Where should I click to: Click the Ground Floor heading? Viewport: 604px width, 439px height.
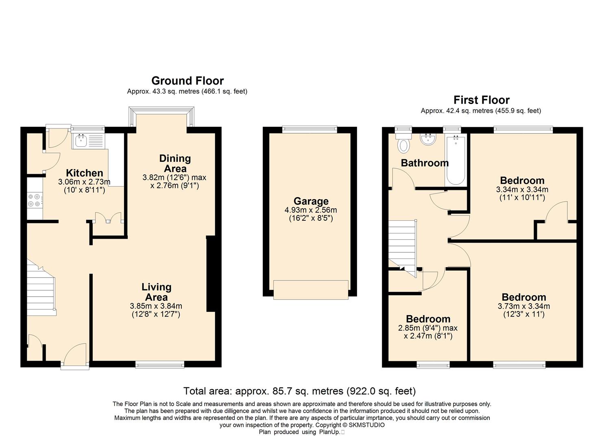(188, 81)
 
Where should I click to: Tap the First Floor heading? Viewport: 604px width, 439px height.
(482, 100)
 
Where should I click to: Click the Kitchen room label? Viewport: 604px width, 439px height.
(85, 173)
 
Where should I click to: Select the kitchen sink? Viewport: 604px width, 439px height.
(88, 141)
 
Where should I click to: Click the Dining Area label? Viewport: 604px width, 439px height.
(175, 163)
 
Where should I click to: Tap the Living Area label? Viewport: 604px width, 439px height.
(157, 292)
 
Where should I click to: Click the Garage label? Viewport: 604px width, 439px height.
(311, 201)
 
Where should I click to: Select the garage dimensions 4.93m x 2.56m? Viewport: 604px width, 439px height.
(311, 210)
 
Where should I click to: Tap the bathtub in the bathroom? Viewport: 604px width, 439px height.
(456, 161)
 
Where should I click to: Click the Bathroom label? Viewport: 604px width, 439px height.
(425, 163)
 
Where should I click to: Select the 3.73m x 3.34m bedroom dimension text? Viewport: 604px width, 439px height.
(523, 306)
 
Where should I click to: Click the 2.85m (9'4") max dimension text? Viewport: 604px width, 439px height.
(427, 328)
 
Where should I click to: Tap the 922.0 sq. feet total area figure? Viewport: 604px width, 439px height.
(381, 391)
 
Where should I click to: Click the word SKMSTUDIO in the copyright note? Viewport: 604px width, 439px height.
(367, 425)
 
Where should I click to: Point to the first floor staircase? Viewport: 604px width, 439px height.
(403, 248)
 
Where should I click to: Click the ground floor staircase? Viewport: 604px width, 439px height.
(41, 287)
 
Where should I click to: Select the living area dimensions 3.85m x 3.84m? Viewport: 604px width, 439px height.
(156, 306)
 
